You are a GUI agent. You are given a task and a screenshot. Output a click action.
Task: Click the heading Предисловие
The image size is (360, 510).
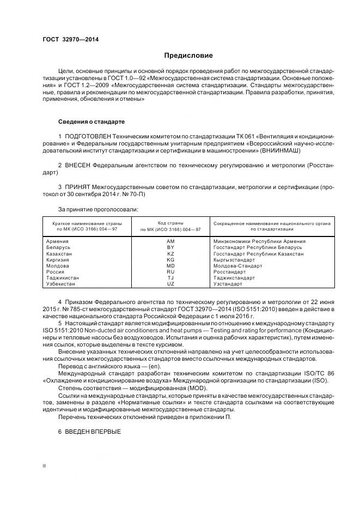[x=189, y=56]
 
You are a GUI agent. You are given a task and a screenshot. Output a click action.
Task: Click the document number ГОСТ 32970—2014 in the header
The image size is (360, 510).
[x=68, y=40]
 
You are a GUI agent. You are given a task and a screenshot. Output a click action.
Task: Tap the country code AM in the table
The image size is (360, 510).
[x=170, y=241]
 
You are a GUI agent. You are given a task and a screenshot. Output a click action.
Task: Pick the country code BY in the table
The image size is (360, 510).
[x=170, y=247]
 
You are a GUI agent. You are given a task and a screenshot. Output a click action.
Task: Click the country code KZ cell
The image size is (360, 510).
[x=170, y=253]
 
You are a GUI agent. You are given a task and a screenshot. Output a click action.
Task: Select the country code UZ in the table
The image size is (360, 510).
[x=170, y=284]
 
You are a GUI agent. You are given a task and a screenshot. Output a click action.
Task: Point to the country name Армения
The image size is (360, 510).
[x=57, y=241]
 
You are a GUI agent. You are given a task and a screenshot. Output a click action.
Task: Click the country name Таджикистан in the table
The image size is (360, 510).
[x=63, y=278]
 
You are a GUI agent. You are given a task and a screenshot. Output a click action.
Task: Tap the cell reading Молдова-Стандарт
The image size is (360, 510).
[x=237, y=266]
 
